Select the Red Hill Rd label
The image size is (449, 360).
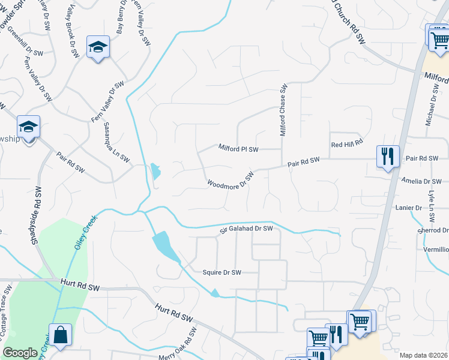[348, 144]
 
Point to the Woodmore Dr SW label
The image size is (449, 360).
[231, 180]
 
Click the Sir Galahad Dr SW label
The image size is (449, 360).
[246, 228]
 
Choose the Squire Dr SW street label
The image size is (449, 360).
[221, 272]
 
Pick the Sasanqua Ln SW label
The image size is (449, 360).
[116, 143]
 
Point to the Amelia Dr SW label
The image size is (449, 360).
[422, 181]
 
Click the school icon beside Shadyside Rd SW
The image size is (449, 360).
[28, 127]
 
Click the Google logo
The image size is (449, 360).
[20, 353]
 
